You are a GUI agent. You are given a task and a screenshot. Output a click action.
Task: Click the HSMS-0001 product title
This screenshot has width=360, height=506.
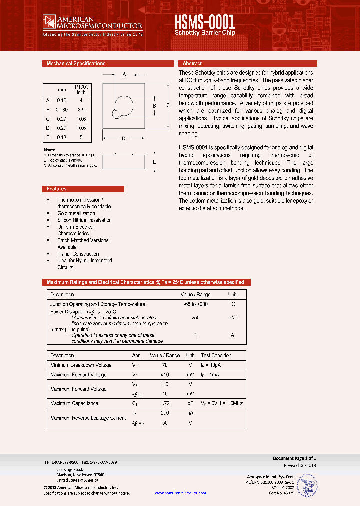click(x=205, y=23)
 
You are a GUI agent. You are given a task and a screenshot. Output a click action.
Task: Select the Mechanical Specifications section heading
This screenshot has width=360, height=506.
click(x=76, y=64)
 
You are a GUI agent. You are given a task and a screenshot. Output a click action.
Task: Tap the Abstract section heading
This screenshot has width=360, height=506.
click(x=192, y=64)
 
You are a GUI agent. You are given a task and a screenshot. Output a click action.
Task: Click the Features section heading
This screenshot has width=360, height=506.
click(x=56, y=189)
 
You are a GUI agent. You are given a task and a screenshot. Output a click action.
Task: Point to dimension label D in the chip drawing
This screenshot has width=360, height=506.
click(x=123, y=138)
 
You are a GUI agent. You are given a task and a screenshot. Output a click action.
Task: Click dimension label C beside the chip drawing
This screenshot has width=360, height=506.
click(x=168, y=105)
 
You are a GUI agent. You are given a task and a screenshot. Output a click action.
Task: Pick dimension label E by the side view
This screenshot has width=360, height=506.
click(x=154, y=162)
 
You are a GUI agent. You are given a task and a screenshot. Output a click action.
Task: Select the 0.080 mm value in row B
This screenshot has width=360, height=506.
click(x=62, y=109)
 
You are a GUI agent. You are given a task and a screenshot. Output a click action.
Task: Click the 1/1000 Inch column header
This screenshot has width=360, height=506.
click(x=81, y=89)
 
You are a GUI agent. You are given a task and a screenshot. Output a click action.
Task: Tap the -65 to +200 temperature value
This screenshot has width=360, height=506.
click(x=196, y=304)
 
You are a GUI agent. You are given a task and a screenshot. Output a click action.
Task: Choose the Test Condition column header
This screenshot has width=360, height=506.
click(x=216, y=355)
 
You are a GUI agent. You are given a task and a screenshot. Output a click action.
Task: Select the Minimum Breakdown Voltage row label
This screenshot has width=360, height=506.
click(x=81, y=365)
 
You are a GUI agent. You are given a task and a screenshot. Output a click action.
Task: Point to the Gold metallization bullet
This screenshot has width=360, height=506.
click(x=76, y=213)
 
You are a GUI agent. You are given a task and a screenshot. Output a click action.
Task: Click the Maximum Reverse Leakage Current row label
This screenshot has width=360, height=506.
click(x=88, y=418)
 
